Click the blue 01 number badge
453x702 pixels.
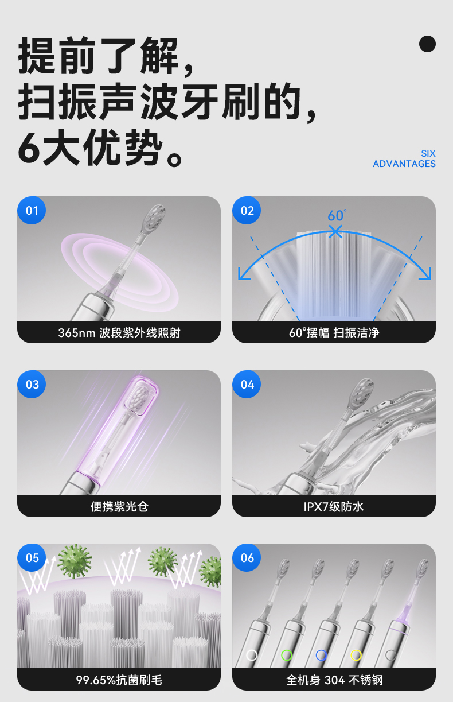point(32,210)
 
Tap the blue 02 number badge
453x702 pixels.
point(247,210)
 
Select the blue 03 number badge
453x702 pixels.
point(32,384)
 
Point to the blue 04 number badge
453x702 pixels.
point(247,384)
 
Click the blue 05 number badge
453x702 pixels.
point(32,557)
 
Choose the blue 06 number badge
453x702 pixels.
point(247,557)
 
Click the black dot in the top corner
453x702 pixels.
point(427,44)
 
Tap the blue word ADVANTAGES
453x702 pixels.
point(404,164)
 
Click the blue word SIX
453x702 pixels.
point(428,153)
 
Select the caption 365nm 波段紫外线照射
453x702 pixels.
point(119,332)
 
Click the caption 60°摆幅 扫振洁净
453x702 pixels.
point(334,332)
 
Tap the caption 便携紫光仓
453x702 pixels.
point(119,506)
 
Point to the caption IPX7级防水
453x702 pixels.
point(334,506)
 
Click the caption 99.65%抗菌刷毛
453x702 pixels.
point(119,680)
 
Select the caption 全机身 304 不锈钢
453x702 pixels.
point(334,680)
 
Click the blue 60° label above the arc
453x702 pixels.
point(337,216)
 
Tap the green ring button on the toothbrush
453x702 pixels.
point(287,655)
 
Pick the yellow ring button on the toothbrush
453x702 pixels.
point(356,655)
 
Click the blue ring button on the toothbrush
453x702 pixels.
point(321,655)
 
